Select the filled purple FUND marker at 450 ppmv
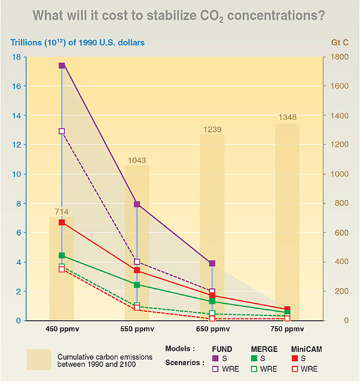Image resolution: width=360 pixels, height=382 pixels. [x=62, y=65]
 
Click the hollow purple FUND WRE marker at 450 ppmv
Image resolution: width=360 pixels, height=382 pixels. [x=62, y=131]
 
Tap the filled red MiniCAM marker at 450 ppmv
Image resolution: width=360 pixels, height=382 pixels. [x=62, y=222]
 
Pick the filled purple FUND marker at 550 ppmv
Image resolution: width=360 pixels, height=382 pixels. [x=137, y=204]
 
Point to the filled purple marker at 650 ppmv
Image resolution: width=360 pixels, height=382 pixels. [x=212, y=263]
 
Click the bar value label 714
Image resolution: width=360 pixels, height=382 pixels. [x=61, y=212]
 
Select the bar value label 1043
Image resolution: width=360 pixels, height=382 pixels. [x=137, y=160]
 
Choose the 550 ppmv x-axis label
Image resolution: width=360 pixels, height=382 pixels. [x=137, y=330]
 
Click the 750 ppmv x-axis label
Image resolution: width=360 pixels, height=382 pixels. [x=287, y=330]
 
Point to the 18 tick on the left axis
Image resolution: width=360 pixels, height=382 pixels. [x=17, y=57]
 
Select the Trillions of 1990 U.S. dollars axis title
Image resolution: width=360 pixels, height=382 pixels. [x=76, y=43]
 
